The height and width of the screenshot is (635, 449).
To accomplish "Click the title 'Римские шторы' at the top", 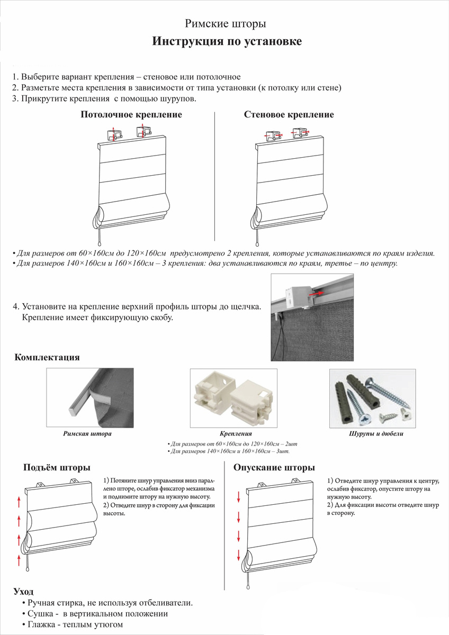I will (225, 24).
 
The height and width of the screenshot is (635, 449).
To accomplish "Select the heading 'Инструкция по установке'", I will (227, 42).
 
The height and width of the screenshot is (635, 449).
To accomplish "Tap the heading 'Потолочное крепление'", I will (131, 115).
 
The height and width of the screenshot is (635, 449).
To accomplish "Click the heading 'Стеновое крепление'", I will (289, 115).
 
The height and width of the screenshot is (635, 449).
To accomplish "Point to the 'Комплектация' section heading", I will (47, 357).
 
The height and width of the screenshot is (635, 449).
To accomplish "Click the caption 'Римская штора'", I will (87, 434).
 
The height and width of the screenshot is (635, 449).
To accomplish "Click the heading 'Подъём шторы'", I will (56, 468).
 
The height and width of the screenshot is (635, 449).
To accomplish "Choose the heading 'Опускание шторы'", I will (274, 468).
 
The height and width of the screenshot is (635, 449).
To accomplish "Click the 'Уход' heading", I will (23, 591).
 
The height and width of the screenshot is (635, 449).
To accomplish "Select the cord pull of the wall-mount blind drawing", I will (257, 244).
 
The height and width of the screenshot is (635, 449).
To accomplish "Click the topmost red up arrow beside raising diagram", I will (19, 500).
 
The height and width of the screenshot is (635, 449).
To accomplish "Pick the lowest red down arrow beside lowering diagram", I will (239, 555).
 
